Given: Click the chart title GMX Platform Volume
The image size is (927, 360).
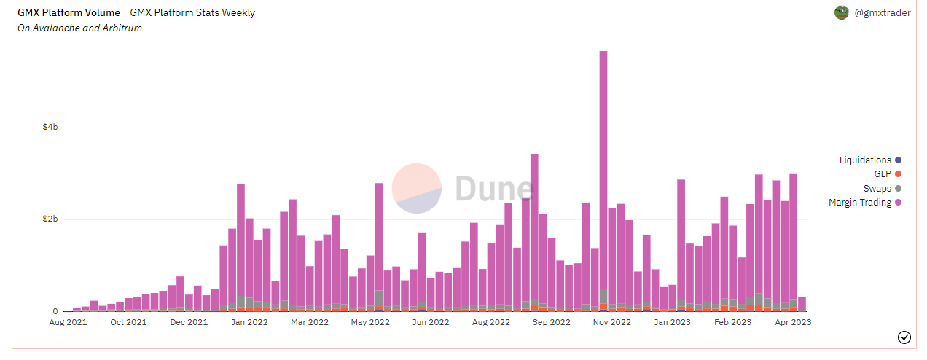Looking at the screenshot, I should click(69, 12).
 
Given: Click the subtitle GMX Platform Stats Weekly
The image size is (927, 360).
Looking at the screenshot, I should click(192, 12).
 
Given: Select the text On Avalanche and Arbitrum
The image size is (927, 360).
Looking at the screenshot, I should click(79, 28).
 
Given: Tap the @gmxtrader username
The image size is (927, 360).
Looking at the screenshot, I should click(882, 12).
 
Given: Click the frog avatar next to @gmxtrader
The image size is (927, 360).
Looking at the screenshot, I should click(842, 12).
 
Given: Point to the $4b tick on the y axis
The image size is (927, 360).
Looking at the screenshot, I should click(50, 128).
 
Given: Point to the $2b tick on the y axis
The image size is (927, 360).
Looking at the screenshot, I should click(50, 219).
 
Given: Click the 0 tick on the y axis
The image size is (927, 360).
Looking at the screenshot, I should click(55, 312).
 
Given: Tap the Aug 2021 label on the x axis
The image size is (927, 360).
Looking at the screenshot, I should click(68, 321).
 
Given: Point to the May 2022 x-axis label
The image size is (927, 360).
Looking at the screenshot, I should click(370, 321).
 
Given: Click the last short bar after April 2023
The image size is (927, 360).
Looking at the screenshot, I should click(802, 304).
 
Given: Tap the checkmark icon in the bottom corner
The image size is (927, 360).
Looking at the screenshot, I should click(904, 337).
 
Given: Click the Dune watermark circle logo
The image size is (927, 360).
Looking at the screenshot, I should click(417, 187).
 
